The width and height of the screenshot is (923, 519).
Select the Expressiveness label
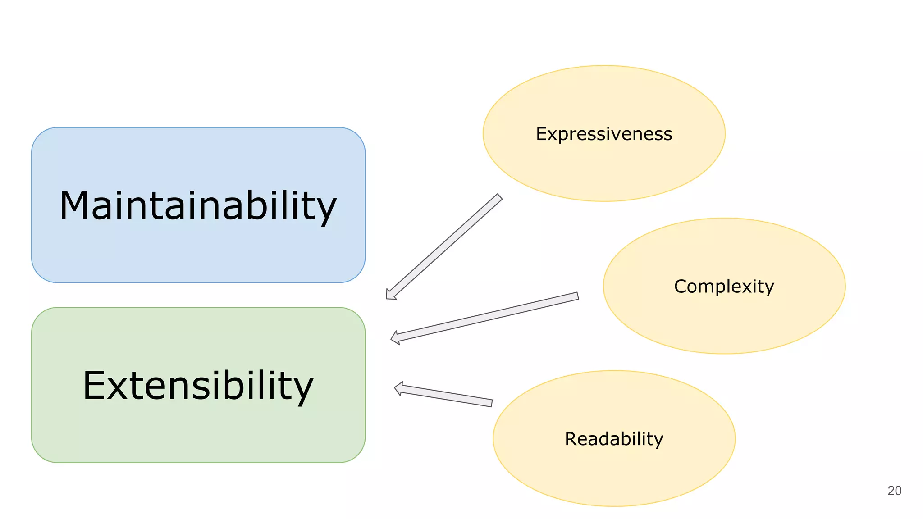tap(604, 134)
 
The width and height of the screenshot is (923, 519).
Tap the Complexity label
tap(724, 287)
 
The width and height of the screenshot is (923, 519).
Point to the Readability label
tap(614, 439)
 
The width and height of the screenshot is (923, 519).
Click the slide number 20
tap(894, 491)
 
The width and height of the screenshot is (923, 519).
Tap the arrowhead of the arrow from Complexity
tap(395, 338)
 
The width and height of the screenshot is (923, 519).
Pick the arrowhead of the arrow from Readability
tap(398, 388)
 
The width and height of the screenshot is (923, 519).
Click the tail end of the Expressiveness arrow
tap(499, 197)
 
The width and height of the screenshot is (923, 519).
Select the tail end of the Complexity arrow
tap(577, 296)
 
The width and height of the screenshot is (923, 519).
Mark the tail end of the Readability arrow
tap(491, 403)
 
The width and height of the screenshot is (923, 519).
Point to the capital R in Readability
tap(571, 439)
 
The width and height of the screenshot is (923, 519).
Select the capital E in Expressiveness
tap(540, 134)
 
